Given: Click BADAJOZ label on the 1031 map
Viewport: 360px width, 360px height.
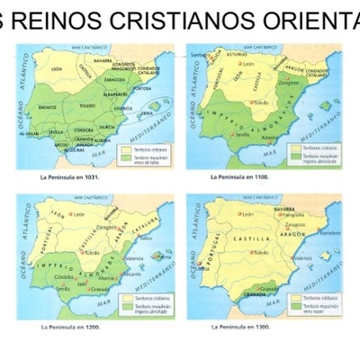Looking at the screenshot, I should [x=48, y=105].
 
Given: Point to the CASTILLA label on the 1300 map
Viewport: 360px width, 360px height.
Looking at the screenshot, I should [x=253, y=241].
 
